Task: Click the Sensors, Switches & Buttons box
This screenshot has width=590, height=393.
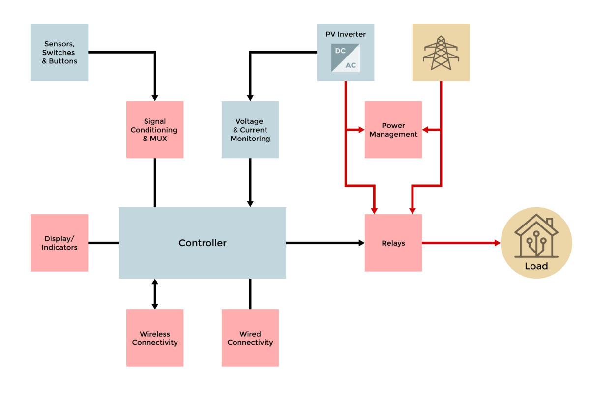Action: click(x=59, y=52)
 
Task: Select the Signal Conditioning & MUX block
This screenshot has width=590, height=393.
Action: click(x=155, y=130)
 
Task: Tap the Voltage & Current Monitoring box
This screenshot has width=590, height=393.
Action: click(x=250, y=130)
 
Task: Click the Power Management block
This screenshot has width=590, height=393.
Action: click(x=393, y=130)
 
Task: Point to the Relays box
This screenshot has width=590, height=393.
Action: click(x=393, y=243)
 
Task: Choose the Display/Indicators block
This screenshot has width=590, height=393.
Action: click(x=59, y=243)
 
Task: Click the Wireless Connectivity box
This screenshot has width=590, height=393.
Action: click(x=155, y=338)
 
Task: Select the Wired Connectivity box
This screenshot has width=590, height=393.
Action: click(x=250, y=338)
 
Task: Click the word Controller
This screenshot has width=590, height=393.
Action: click(x=203, y=243)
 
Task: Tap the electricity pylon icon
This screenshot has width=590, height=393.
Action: click(x=441, y=53)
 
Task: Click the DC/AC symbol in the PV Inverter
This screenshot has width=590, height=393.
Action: click(x=345, y=58)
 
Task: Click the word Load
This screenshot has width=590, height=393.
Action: click(x=536, y=266)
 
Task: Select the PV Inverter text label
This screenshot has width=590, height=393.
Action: click(x=345, y=34)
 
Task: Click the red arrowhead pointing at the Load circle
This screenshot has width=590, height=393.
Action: click(x=497, y=243)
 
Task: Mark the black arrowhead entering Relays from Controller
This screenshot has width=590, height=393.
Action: click(x=361, y=243)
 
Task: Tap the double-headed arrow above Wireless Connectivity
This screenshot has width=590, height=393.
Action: click(x=155, y=294)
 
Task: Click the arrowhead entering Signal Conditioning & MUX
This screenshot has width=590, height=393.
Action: click(x=155, y=97)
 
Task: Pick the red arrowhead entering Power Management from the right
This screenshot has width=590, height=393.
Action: click(x=426, y=130)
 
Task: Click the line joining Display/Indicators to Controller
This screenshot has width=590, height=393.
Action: click(x=103, y=243)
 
